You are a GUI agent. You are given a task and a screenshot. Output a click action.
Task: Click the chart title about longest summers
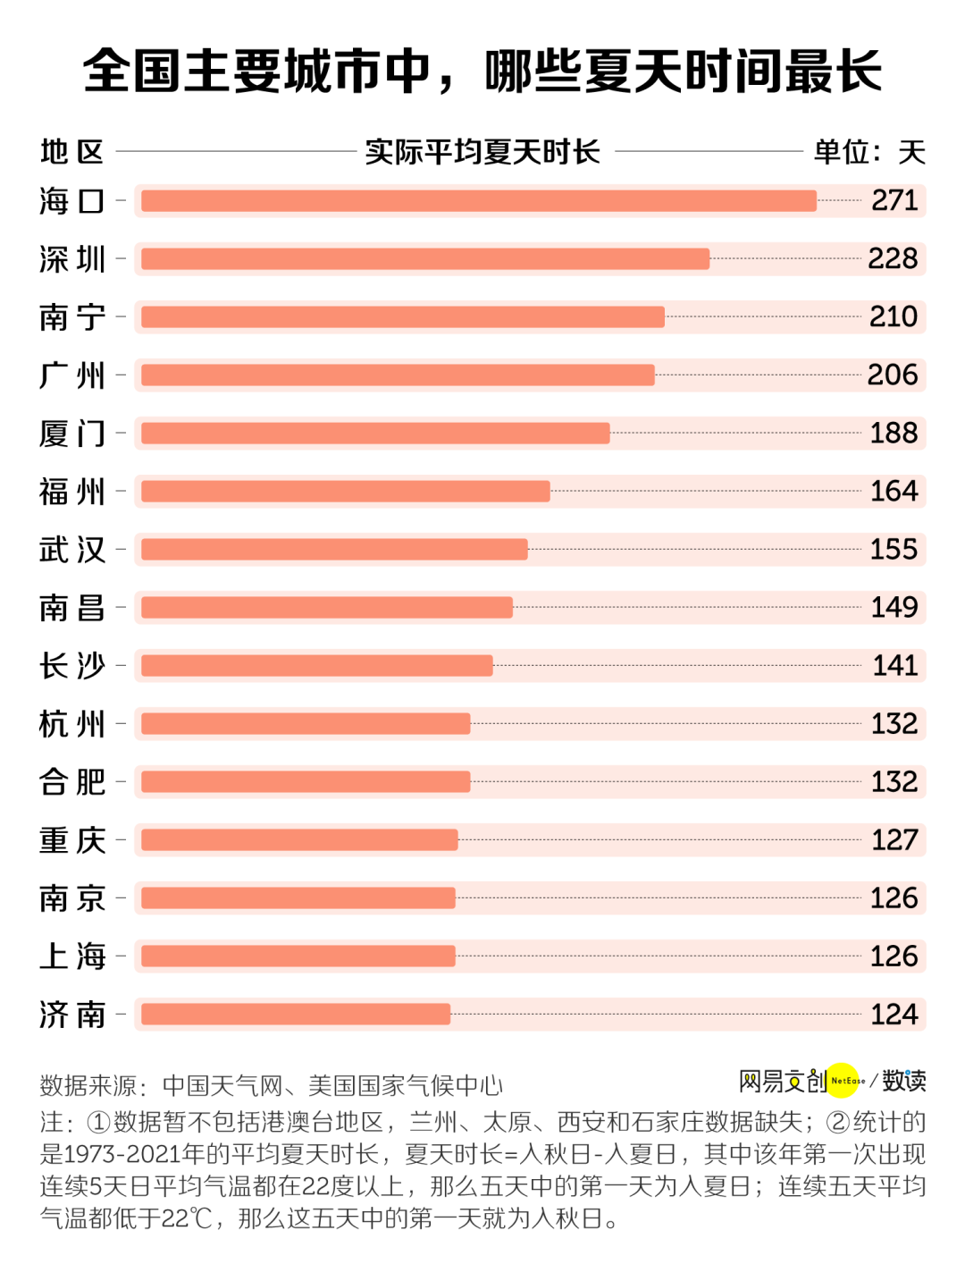click(482, 72)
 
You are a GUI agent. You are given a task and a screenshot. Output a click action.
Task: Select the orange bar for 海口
click(479, 201)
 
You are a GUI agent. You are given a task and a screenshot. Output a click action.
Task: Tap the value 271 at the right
click(894, 200)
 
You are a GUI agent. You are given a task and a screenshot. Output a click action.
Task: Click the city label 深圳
click(72, 259)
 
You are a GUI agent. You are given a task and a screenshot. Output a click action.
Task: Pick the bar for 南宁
click(402, 317)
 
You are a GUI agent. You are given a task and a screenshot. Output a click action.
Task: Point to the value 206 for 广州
click(893, 375)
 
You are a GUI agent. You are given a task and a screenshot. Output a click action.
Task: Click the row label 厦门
click(72, 434)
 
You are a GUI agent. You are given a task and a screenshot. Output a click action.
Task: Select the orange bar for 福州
click(345, 492)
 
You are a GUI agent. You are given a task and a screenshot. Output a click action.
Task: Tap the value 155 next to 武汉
click(894, 549)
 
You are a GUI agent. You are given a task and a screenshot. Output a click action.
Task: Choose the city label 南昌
click(72, 608)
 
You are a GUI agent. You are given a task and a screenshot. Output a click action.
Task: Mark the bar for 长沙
click(316, 666)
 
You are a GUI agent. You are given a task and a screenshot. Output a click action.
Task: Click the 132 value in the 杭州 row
click(894, 723)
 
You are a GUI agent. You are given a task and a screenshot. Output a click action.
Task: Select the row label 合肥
click(72, 782)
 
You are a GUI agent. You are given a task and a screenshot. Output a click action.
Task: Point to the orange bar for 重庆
click(299, 840)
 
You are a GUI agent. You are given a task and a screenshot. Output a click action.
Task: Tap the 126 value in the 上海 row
click(894, 956)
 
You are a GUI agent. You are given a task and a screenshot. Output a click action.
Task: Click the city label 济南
click(72, 1015)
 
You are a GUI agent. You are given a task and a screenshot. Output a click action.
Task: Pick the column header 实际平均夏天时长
click(482, 152)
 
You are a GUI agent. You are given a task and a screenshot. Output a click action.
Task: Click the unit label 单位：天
click(868, 152)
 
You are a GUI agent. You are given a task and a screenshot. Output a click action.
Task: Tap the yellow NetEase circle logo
click(843, 1081)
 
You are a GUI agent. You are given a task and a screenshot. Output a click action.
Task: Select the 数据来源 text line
click(272, 1085)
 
